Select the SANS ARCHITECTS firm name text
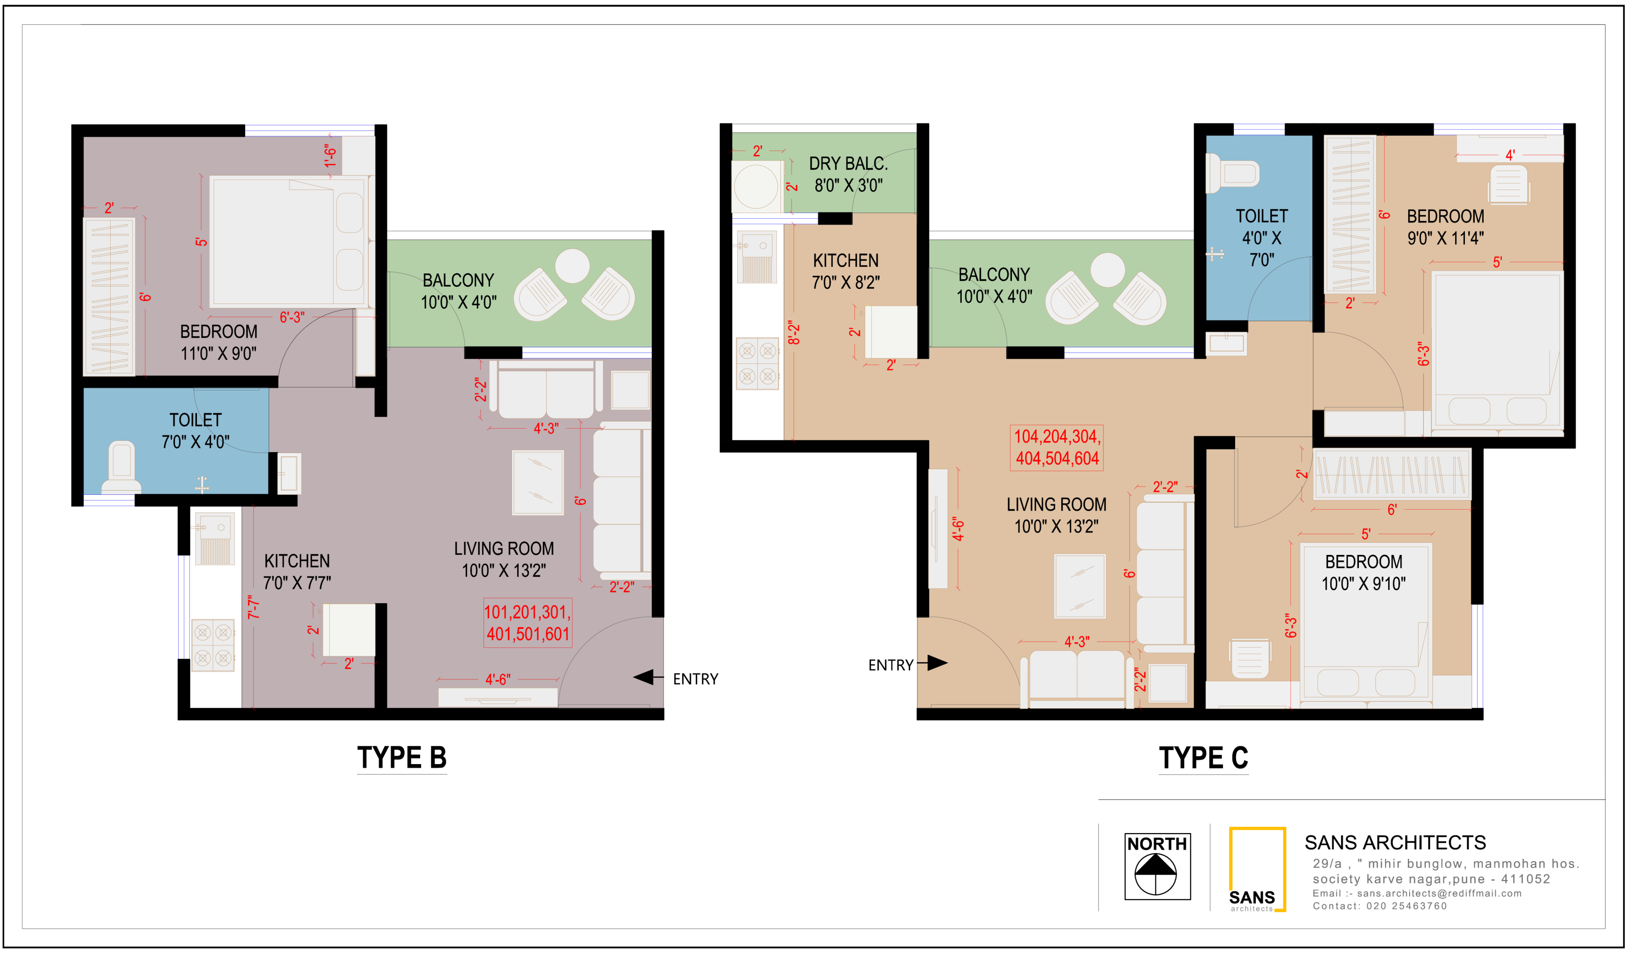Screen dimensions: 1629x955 [x=1395, y=842]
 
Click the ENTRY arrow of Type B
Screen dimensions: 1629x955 [x=649, y=677]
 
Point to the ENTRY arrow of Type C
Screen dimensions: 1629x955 [x=932, y=663]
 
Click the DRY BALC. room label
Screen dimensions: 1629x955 [x=848, y=174]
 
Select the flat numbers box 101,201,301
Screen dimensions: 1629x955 [x=528, y=622]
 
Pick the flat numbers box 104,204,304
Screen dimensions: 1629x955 [x=1057, y=447]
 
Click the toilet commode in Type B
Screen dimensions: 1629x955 [x=121, y=467]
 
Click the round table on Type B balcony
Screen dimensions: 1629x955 [x=572, y=266]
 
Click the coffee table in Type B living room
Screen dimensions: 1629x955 [x=538, y=482]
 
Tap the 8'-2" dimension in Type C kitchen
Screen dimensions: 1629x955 [x=794, y=333]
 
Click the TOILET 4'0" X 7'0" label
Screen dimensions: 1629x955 [x=1261, y=237]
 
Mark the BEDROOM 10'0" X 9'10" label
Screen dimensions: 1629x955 [x=1363, y=572]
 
